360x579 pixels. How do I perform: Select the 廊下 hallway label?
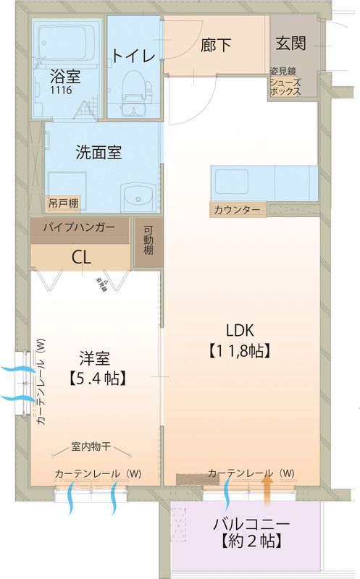(216, 45)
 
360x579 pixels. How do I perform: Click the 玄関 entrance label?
(290, 42)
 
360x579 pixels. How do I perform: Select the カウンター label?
(237, 210)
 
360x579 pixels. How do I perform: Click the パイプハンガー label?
(79, 227)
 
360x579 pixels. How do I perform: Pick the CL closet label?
(80, 257)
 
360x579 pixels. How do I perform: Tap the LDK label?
(238, 331)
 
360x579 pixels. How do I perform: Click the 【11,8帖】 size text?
(240, 352)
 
